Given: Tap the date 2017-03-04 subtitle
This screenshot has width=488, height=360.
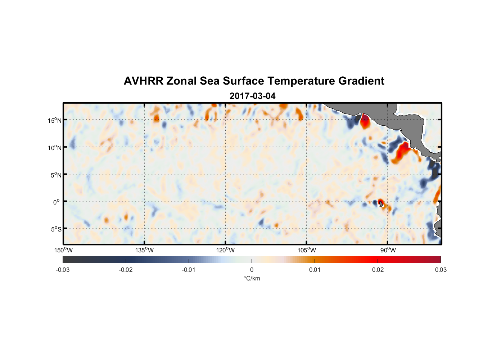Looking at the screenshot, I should [x=252, y=96].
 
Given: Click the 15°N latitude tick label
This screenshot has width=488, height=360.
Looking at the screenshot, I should [x=54, y=120].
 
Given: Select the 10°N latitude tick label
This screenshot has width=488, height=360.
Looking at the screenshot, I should [x=54, y=148].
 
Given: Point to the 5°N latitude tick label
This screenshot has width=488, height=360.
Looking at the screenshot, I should [x=56, y=175].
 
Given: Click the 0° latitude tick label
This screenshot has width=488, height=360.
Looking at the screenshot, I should [x=57, y=202].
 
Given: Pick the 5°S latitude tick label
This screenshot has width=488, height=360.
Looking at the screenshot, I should [x=56, y=229].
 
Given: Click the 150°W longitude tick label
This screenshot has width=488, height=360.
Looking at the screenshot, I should [x=63, y=250].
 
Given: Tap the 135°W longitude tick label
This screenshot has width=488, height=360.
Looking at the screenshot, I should [x=144, y=250].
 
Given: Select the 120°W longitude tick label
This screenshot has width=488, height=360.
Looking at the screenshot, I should [x=225, y=250].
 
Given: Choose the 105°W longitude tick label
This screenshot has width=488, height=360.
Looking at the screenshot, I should [x=307, y=250].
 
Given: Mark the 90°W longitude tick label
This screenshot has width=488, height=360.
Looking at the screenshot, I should [x=388, y=250].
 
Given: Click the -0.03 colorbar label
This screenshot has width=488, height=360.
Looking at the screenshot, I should [x=63, y=270].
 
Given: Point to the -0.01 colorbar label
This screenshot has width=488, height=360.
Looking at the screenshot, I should [x=189, y=270].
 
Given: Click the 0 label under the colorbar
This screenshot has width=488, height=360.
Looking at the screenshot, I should [x=252, y=270].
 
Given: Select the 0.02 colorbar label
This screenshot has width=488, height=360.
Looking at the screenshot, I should [x=378, y=270].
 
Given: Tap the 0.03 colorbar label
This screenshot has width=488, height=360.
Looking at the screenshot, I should [x=440, y=270].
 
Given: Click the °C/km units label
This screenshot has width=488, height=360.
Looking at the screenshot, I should [x=252, y=278].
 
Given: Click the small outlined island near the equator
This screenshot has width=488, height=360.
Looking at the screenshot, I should [x=381, y=204].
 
